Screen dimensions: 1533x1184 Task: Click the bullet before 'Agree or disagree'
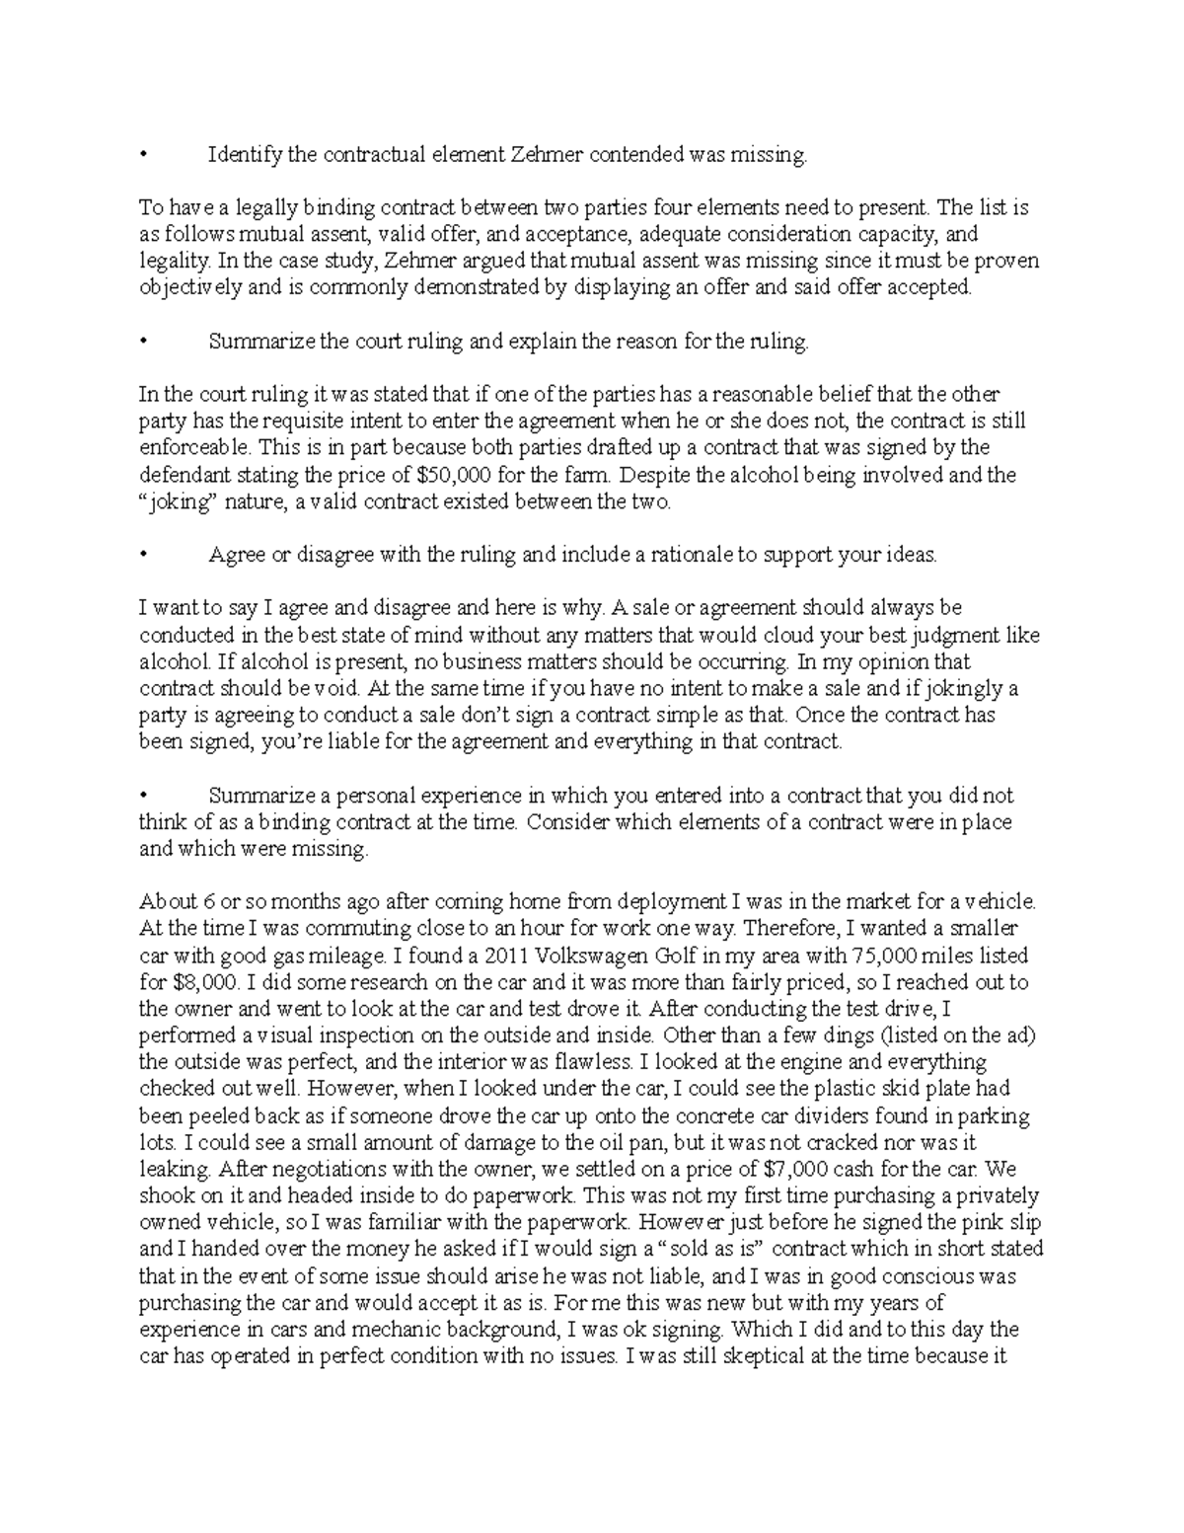pos(143,555)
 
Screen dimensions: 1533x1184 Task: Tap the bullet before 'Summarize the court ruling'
pos(143,342)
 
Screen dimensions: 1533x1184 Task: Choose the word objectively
pos(188,288)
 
